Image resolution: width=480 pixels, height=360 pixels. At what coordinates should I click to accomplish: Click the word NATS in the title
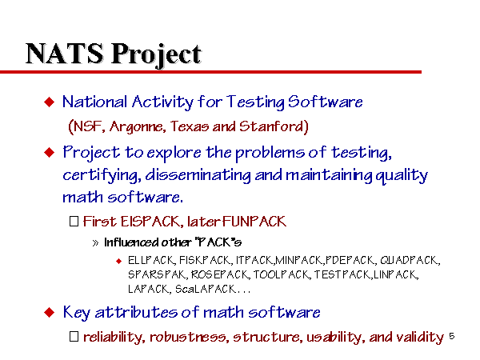pos(65,54)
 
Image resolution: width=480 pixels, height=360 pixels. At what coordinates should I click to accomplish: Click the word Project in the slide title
pos(156,54)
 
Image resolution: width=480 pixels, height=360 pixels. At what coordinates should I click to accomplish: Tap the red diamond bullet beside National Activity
pos(50,102)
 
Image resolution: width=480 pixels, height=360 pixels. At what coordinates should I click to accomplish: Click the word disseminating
pos(198,175)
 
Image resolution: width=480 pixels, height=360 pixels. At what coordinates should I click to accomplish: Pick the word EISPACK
pos(151,222)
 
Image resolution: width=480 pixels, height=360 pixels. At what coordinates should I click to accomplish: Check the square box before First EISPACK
pos(74,222)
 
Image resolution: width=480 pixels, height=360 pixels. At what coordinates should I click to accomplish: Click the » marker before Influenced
pos(95,243)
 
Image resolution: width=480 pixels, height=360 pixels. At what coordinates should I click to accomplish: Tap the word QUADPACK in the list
pos(410,261)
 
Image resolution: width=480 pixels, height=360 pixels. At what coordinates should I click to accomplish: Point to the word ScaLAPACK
pos(206,289)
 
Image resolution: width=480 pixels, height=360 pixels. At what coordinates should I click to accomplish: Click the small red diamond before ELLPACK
pos(118,261)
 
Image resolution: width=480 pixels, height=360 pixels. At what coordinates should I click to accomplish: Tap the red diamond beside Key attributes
pos(50,313)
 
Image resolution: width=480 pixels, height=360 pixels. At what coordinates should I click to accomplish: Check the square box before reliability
pos(74,337)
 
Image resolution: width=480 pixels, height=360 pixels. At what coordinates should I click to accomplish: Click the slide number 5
pos(451,336)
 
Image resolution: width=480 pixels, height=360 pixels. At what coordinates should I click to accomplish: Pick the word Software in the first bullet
pos(326,102)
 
